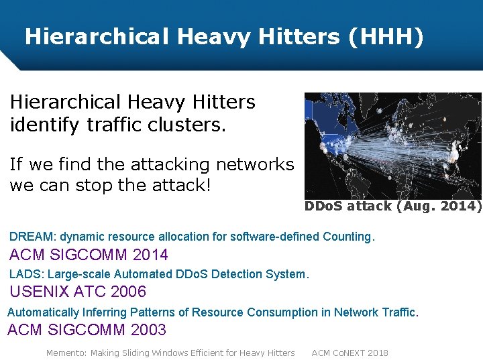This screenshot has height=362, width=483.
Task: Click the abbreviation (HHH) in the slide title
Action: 386,36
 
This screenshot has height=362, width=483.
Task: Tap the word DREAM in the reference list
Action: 32,237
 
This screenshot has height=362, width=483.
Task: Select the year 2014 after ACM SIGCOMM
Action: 151,255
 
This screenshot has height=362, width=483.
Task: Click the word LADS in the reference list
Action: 24,274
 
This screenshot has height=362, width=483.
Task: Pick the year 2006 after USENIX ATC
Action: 128,292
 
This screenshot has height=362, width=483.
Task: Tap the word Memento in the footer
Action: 66,353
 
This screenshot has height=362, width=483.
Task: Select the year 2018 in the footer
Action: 377,353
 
